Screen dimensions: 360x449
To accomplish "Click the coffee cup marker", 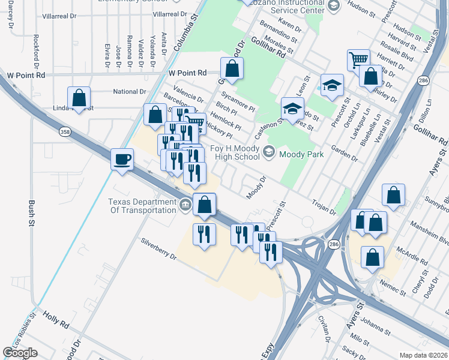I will pos(122,160).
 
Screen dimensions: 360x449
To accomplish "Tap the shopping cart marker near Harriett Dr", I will pos(358,59).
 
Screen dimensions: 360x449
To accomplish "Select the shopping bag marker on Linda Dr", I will pos(79,98).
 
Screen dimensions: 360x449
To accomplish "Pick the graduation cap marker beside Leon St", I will pos(331,85).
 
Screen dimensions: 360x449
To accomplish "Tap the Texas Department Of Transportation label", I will pos(142,206).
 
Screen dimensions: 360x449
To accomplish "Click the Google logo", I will pos(20,353).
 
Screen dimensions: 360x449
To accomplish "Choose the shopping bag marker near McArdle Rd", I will pos(372,257).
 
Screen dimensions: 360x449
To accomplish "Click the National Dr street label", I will pos(130,92).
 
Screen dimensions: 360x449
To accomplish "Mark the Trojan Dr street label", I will pos(324,207).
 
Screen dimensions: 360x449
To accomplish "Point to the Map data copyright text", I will pos(424,355).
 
